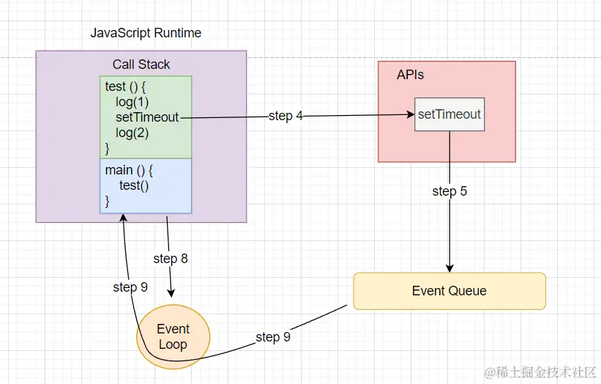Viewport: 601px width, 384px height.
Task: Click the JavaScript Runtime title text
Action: (x=146, y=34)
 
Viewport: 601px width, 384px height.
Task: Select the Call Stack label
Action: (x=141, y=64)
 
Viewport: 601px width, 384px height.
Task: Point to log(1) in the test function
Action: (x=132, y=102)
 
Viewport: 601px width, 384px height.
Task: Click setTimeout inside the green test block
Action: (x=146, y=117)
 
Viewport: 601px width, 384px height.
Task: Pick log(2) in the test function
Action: (x=132, y=133)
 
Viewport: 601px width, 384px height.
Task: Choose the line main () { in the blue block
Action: (x=129, y=170)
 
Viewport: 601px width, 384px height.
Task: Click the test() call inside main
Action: (x=134, y=185)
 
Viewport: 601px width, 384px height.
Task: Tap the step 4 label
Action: (x=285, y=116)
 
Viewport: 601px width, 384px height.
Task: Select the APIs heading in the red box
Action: (x=410, y=75)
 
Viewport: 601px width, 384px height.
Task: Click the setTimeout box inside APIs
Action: (x=449, y=114)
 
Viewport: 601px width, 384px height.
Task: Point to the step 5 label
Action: (x=449, y=191)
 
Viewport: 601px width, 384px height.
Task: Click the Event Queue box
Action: (x=449, y=291)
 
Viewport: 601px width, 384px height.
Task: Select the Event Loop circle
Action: (x=173, y=336)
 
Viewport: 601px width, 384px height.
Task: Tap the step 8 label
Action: (x=171, y=259)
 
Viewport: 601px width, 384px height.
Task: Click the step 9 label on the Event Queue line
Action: (x=273, y=337)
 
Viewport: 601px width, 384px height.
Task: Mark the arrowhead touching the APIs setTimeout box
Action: (x=410, y=114)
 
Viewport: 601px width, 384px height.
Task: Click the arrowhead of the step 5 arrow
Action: (x=449, y=267)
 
